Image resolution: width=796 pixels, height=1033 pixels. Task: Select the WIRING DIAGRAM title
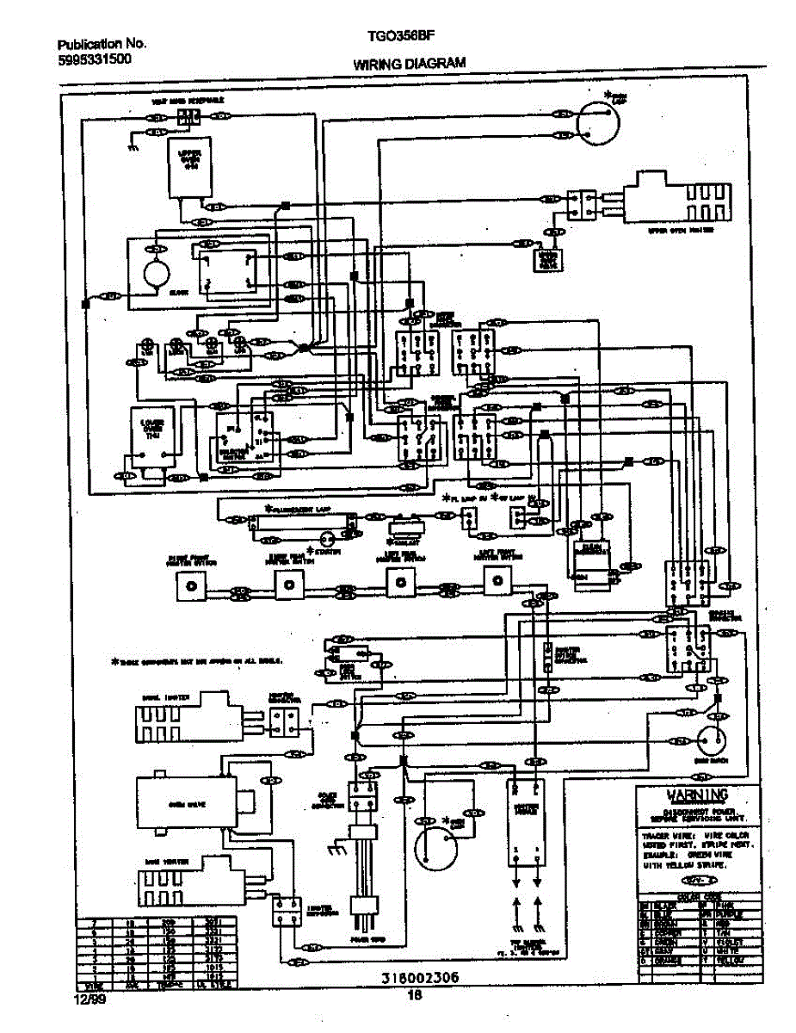pyautogui.click(x=409, y=63)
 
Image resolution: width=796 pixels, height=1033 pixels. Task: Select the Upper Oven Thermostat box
pyautogui.click(x=188, y=167)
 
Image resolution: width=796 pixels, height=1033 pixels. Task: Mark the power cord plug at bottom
pyautogui.click(x=361, y=908)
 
